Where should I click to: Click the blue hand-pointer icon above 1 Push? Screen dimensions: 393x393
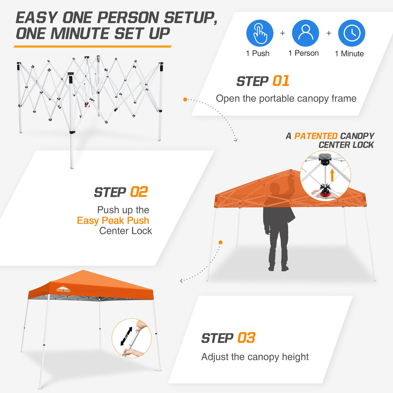click(x=260, y=33)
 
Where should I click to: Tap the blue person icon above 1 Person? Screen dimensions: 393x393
click(x=305, y=33)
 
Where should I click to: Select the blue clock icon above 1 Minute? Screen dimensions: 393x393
click(x=352, y=33)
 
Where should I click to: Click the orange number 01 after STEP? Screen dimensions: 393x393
click(x=281, y=81)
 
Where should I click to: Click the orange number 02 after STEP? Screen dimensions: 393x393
click(x=139, y=192)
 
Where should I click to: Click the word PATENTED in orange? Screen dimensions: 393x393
click(x=316, y=136)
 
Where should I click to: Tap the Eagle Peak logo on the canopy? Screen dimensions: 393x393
click(x=63, y=289)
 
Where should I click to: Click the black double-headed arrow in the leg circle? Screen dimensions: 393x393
click(x=126, y=336)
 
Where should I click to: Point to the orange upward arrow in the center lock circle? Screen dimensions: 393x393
click(x=332, y=176)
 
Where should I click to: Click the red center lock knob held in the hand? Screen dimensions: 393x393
click(x=325, y=194)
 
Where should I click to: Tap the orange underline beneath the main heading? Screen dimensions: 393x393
click(x=93, y=47)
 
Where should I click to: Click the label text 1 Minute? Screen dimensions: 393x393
click(x=349, y=54)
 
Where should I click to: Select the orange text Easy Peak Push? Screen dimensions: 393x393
click(x=113, y=221)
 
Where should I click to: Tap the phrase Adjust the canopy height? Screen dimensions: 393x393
click(x=255, y=357)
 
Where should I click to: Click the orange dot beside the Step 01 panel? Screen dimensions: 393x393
click(x=185, y=99)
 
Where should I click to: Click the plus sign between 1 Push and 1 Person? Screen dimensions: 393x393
click(x=283, y=33)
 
